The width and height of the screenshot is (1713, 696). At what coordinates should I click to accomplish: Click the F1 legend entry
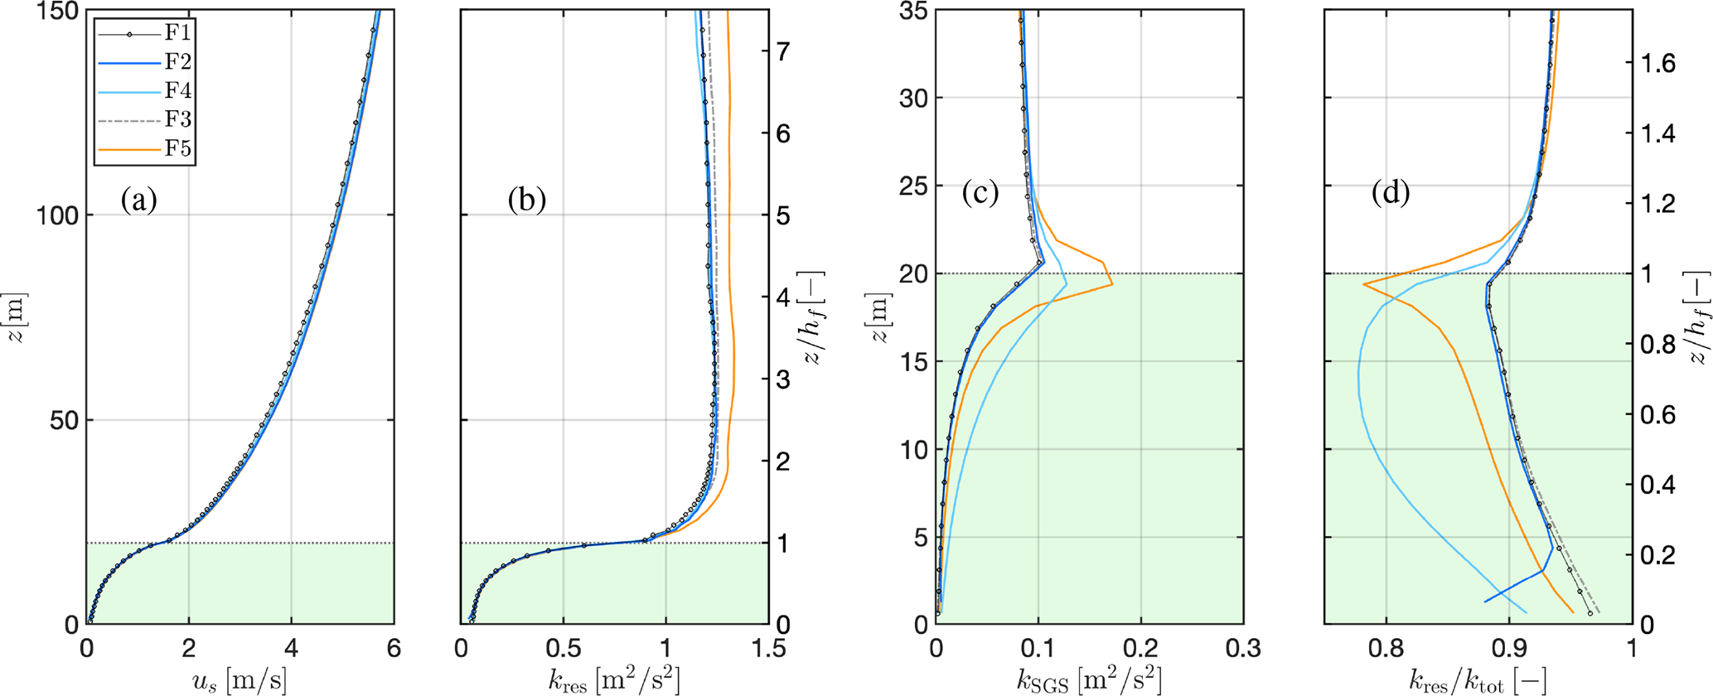pos(146,33)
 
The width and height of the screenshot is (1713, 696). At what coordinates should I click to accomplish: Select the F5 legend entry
pos(146,150)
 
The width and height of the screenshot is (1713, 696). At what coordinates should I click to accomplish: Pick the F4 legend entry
pos(146,90)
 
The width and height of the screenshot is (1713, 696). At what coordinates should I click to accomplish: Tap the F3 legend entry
pos(146,120)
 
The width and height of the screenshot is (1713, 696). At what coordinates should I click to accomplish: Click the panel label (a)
pos(138,200)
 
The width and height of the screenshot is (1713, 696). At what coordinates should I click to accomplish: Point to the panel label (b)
pos(527,200)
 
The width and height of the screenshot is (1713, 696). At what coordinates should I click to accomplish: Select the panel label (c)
pos(980,193)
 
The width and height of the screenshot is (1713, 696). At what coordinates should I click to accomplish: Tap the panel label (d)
pos(1391,193)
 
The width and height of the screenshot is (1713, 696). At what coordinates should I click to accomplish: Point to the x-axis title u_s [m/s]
pos(240,680)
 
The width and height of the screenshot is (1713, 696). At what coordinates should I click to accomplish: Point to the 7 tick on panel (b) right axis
pos(782,52)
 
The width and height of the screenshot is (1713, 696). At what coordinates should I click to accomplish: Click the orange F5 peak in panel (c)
pos(1112,284)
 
